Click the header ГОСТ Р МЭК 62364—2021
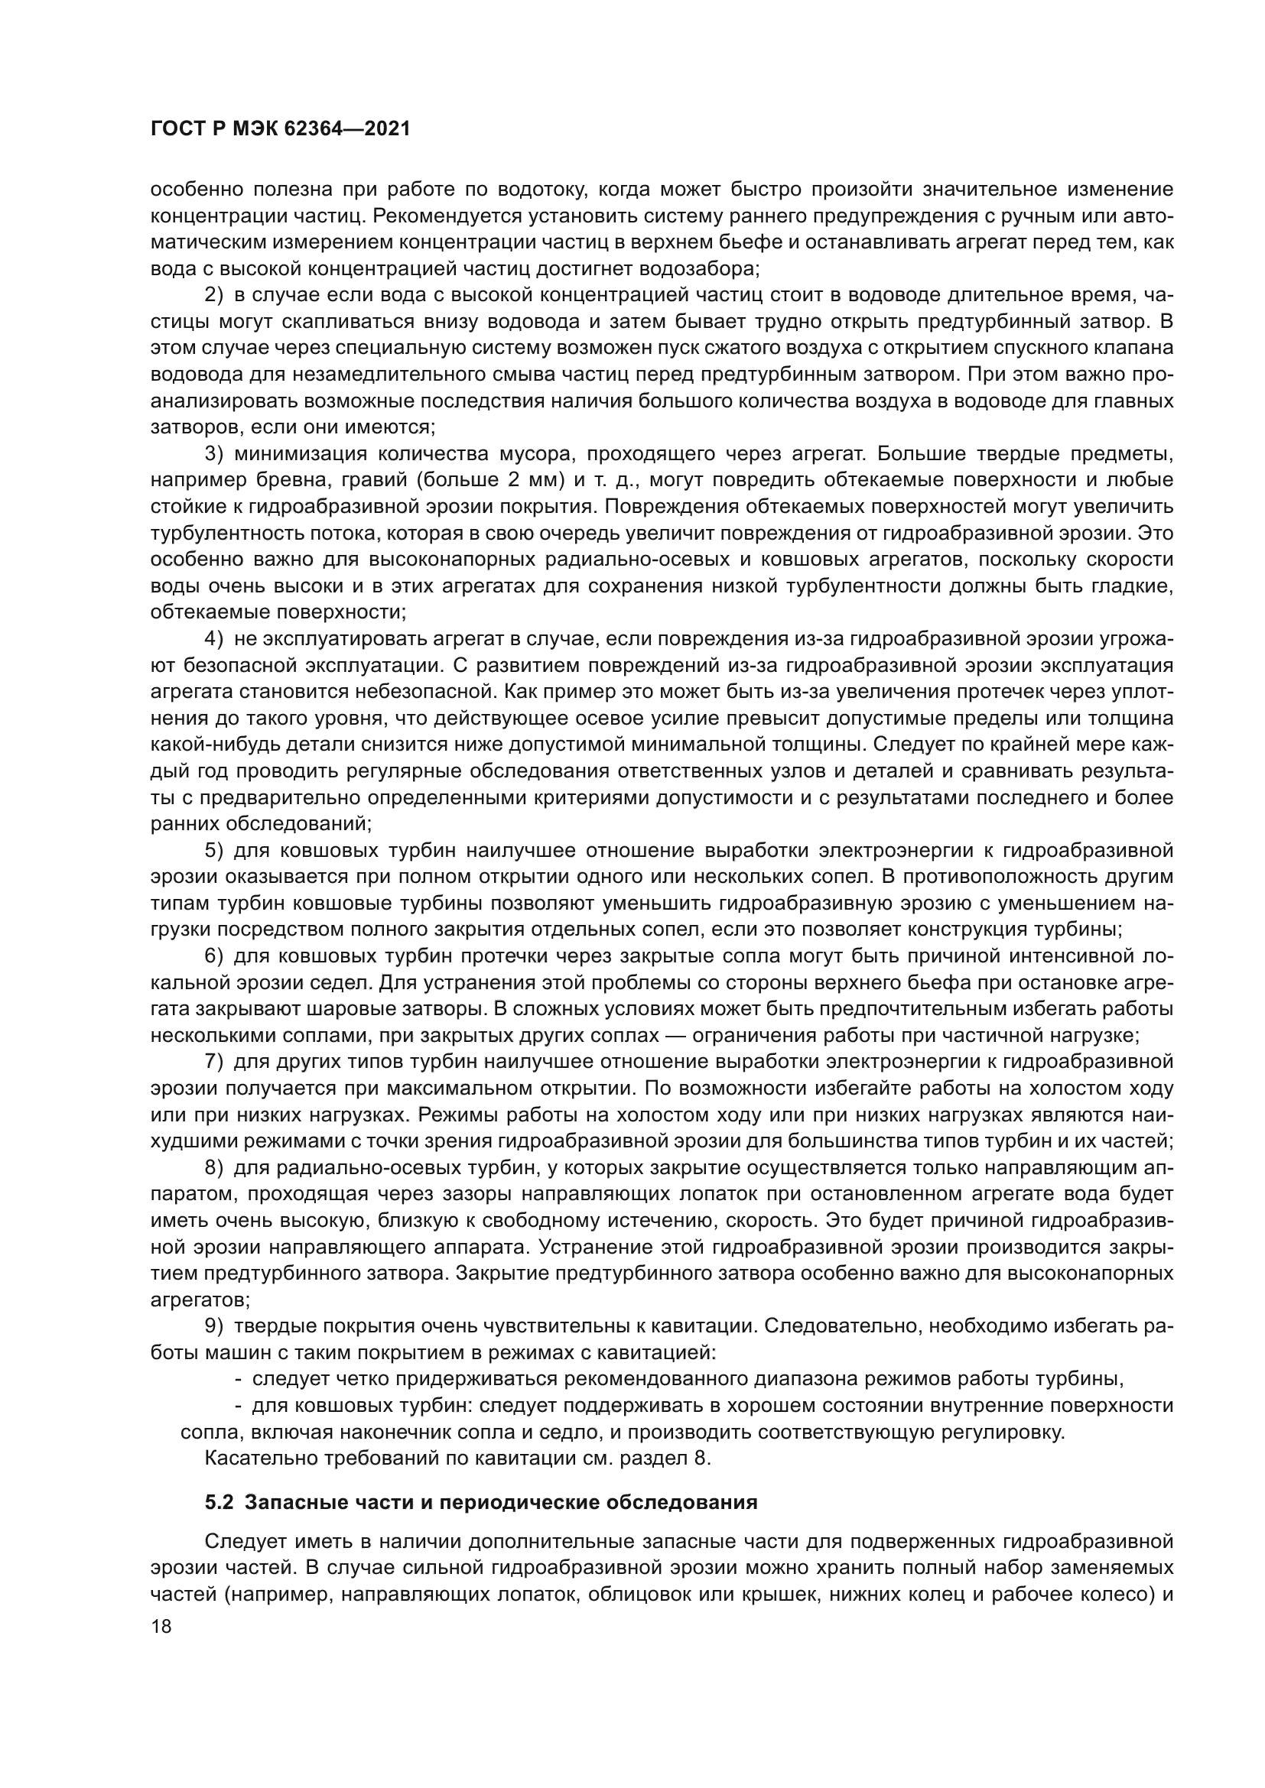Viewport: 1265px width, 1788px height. pos(281,130)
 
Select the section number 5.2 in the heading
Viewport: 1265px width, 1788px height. pos(218,1503)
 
